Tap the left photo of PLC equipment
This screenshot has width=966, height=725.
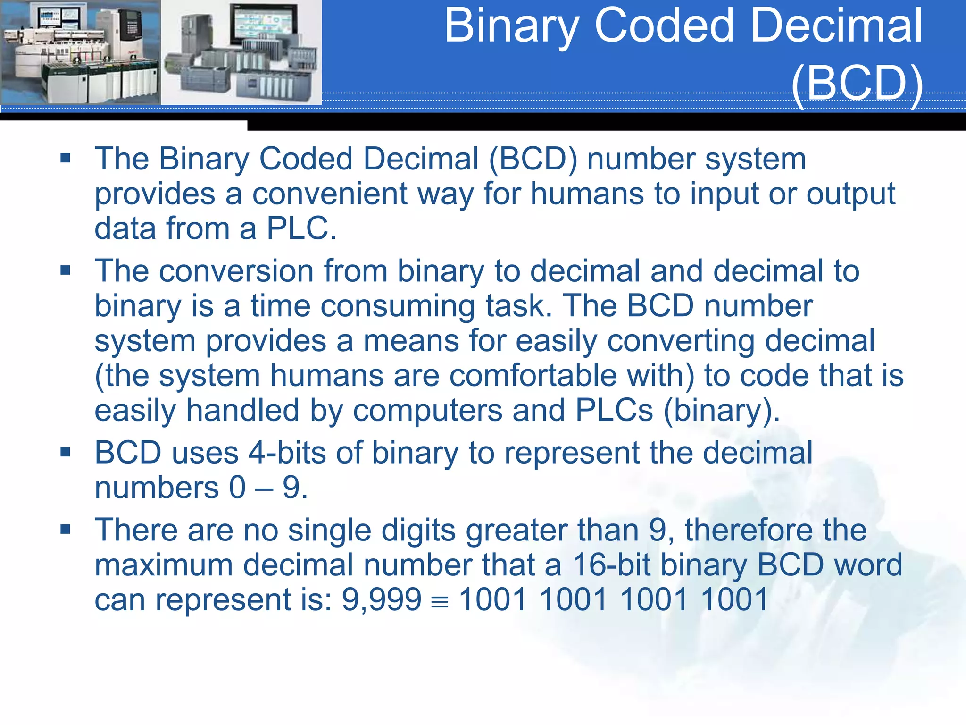click(x=80, y=52)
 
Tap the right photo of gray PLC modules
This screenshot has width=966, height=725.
click(x=241, y=52)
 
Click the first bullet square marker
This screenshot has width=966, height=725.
click(x=66, y=158)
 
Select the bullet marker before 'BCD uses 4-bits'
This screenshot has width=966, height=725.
click(x=66, y=452)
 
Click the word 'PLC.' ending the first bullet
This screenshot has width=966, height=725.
click(x=301, y=228)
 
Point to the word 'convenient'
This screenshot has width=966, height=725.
click(x=329, y=194)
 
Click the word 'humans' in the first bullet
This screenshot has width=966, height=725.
click(x=587, y=194)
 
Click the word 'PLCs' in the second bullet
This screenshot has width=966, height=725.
click(x=614, y=410)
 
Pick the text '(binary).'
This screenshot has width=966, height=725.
click(x=722, y=411)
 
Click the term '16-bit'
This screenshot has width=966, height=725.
click(x=612, y=565)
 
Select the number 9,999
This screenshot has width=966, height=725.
click(x=381, y=599)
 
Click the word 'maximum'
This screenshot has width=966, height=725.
click(x=164, y=565)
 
